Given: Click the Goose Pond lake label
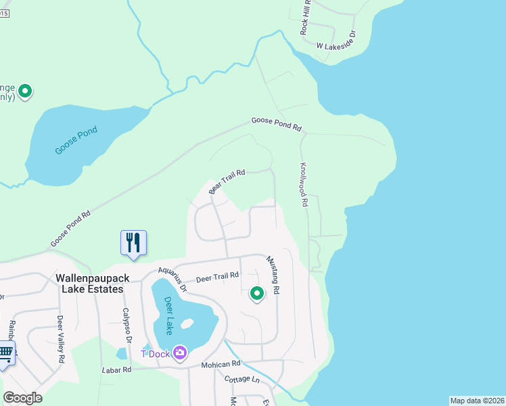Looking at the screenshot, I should pyautogui.click(x=76, y=140).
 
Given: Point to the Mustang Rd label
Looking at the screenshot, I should pyautogui.click(x=273, y=275).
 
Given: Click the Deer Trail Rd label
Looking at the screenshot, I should pyautogui.click(x=217, y=277).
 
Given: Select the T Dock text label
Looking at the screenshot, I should pyautogui.click(x=154, y=353).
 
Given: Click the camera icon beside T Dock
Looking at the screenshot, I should pyautogui.click(x=180, y=353).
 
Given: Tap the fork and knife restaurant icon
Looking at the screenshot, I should pyautogui.click(x=133, y=242).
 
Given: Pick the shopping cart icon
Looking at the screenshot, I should pyautogui.click(x=5, y=352).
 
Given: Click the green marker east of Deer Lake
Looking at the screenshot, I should pyautogui.click(x=256, y=294).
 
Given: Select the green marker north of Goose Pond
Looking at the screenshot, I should pyautogui.click(x=26, y=91).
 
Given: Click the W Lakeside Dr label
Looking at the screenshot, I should pyautogui.click(x=336, y=46).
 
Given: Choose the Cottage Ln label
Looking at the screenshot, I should pyautogui.click(x=241, y=380).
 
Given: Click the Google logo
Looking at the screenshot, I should pyautogui.click(x=22, y=397).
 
